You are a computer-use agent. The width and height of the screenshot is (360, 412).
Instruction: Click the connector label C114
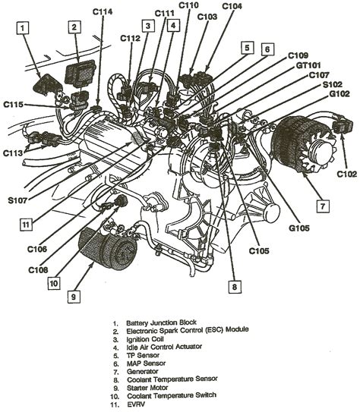(x=104, y=12)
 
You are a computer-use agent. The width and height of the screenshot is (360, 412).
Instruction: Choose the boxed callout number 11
(x=26, y=224)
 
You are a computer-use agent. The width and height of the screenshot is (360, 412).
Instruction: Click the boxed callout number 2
(x=74, y=28)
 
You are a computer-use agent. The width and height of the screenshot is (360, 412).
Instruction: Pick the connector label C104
(x=233, y=7)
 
